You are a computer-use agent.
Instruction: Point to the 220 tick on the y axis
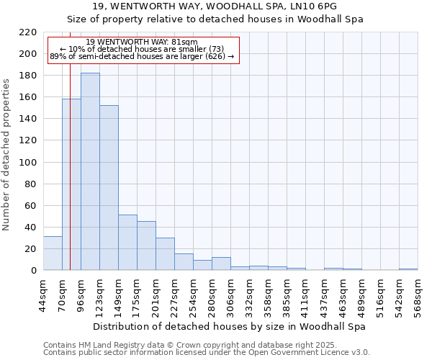[x=29, y=32]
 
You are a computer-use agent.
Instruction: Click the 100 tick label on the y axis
[x=29, y=163]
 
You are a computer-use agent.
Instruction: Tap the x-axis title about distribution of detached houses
[x=230, y=326]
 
